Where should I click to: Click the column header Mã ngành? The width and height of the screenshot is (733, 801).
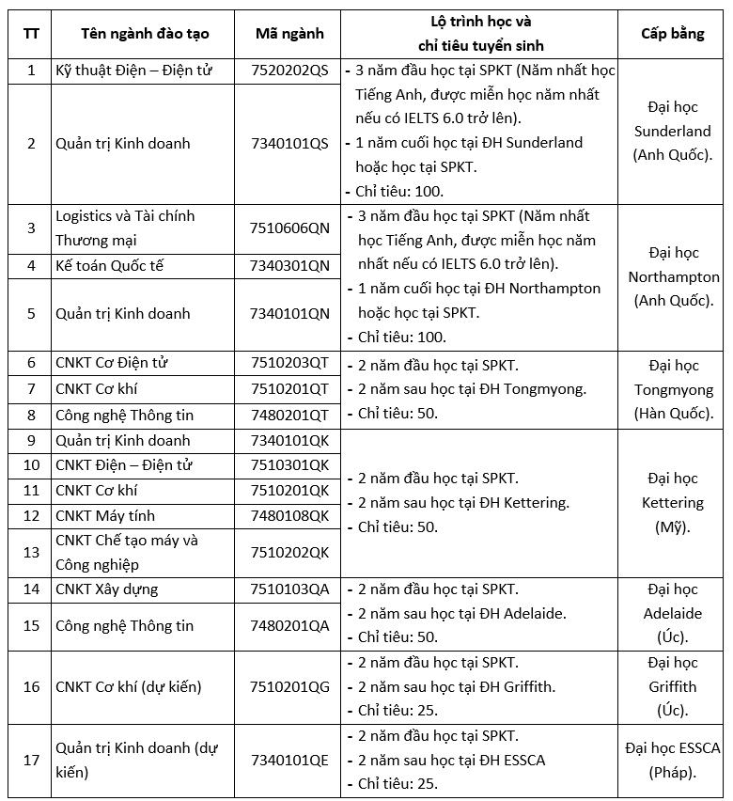[289, 34]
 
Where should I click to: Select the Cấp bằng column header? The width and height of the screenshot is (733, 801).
[672, 34]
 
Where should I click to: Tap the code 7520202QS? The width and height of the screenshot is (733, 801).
[289, 71]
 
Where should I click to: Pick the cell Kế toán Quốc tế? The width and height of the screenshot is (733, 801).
[110, 265]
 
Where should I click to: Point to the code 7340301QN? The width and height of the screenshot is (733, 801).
[289, 265]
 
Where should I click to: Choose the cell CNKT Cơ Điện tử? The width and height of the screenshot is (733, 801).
[112, 363]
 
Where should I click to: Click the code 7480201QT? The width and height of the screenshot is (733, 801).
[289, 414]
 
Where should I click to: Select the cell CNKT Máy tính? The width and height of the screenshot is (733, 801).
[105, 515]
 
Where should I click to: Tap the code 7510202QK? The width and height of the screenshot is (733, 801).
[289, 552]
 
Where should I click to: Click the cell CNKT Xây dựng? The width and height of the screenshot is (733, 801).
[107, 589]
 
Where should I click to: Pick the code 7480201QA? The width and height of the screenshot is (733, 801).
[289, 625]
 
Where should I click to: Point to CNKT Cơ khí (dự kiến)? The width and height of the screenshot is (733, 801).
[129, 686]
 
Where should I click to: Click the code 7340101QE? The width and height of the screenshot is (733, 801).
[289, 760]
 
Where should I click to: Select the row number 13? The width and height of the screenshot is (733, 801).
[31, 552]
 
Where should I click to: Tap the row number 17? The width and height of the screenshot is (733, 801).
[31, 760]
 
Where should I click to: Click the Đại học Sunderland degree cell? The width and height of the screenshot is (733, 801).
[672, 131]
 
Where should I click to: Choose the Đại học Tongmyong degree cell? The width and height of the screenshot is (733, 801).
[672, 389]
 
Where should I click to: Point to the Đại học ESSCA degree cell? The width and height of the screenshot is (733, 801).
[672, 760]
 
